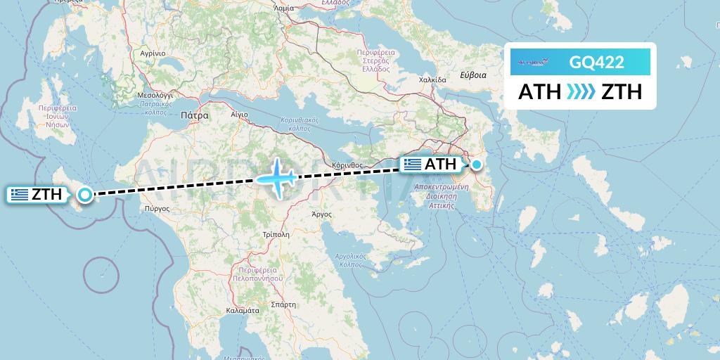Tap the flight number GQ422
[x=596, y=62]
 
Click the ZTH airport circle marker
[x=85, y=195]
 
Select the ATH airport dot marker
[x=477, y=165]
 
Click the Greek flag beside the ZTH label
[x=20, y=195]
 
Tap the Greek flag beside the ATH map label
[x=413, y=165]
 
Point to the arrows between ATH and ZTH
[x=581, y=91]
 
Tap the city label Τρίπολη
[x=275, y=234]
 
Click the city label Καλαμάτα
[x=243, y=310]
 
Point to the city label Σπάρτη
[x=283, y=305]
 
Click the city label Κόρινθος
[x=347, y=165]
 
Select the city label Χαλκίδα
[x=432, y=80]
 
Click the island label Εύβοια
[x=472, y=75]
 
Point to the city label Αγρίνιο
[x=152, y=53]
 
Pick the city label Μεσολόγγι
[x=155, y=94]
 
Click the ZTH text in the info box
[x=622, y=91]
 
